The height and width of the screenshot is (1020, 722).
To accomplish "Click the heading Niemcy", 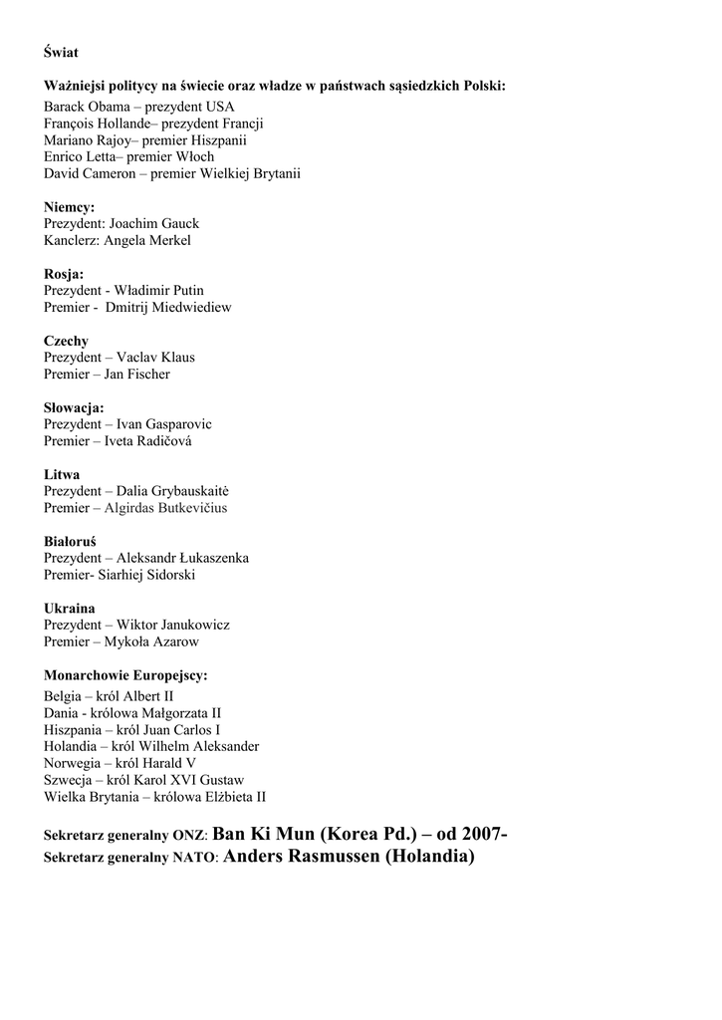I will click(x=69, y=207).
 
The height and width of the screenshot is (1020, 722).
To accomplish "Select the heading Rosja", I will click(x=63, y=274).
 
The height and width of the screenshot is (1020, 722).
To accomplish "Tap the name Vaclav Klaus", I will click(x=155, y=358).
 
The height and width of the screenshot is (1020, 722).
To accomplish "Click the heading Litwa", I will click(x=62, y=474).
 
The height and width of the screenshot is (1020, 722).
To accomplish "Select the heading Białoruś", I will click(x=70, y=541).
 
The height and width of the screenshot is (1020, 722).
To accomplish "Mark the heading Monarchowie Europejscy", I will click(x=125, y=675).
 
